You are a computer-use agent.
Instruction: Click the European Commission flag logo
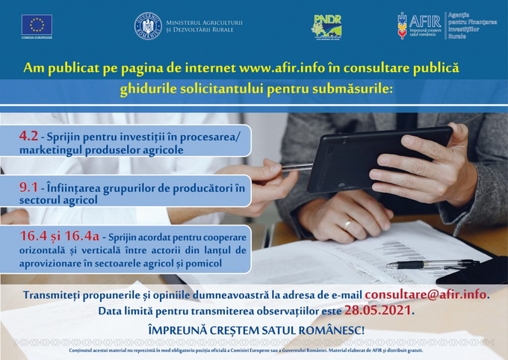[37, 25]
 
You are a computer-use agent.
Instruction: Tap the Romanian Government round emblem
[148, 26]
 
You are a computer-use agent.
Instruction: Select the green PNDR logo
[326, 26]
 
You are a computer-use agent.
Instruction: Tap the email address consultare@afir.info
[426, 294]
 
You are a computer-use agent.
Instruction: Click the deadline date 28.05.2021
[377, 310]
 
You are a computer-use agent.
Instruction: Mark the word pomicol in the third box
[202, 263]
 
